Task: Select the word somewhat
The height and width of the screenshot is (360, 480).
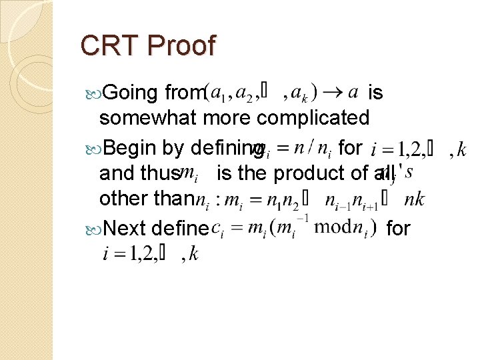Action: pos(147,118)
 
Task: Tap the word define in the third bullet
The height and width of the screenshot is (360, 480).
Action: pos(181,229)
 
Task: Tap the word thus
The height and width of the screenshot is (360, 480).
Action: pos(158,173)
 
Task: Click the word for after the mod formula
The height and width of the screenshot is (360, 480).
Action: pos(398,229)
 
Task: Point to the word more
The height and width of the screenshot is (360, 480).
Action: pos(225,118)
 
